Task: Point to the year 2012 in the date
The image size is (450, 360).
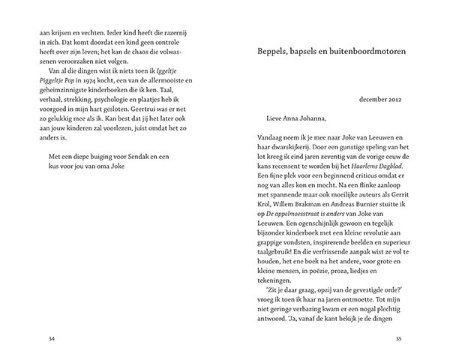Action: tap(395, 99)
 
